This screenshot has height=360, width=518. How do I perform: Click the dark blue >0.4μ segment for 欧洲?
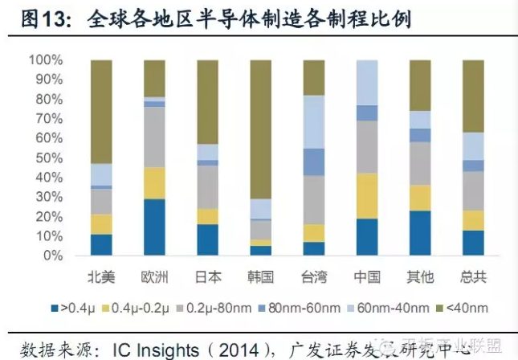pos(154,227)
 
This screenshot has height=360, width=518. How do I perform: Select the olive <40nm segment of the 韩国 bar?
pos(261,129)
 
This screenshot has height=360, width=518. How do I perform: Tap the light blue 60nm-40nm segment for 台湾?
pos(314,122)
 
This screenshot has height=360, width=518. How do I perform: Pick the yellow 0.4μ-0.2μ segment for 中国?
pos(367,196)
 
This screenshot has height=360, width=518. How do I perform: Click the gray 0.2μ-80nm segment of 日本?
pos(207,187)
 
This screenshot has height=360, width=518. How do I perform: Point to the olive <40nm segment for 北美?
pos(101,112)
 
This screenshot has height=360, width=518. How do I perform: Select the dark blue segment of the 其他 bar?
pos(420,233)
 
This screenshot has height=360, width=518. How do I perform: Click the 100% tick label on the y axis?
pos(45,60)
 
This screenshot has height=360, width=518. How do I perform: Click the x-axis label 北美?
pos(101,277)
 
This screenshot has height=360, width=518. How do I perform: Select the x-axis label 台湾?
pos(314,277)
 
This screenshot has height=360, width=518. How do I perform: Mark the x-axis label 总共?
pos(473,277)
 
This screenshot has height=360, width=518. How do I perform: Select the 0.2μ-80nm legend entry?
pos(224,307)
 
